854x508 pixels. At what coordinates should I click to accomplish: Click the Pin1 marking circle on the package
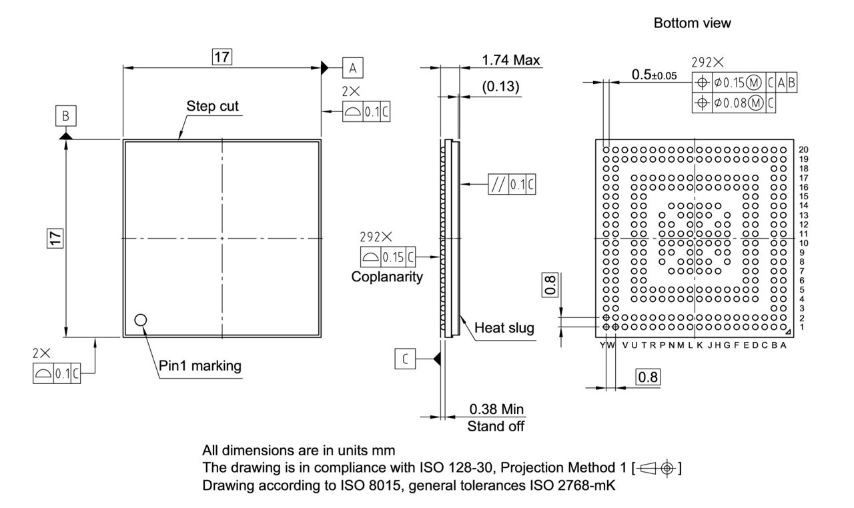tap(140, 320)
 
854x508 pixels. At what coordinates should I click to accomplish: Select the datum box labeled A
tap(354, 67)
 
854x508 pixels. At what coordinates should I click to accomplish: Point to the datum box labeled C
tap(405, 359)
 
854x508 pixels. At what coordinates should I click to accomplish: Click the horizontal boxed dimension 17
tap(222, 57)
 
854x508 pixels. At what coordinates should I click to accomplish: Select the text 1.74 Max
tap(510, 60)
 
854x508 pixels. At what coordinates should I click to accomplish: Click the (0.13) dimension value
tap(500, 87)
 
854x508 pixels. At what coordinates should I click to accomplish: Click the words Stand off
tap(496, 426)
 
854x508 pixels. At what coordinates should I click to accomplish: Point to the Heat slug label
tap(504, 328)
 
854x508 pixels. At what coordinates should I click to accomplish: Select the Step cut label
tap(212, 106)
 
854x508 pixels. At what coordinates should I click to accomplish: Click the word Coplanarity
tap(387, 277)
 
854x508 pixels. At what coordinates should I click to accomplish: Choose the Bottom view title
tap(692, 23)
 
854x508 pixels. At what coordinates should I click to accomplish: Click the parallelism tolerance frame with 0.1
tap(512, 184)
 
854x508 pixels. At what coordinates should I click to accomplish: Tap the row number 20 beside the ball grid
tap(803, 149)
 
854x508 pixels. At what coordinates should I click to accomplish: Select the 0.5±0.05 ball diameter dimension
tap(653, 75)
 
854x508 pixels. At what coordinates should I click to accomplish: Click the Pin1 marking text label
tap(200, 365)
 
